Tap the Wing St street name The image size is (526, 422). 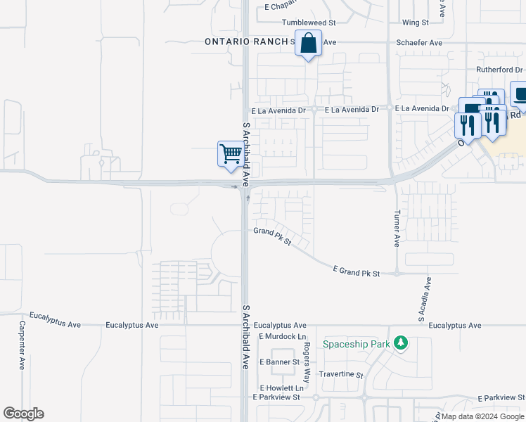coord(416,23)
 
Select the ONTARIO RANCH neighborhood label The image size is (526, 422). coord(245,42)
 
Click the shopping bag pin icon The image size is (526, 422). coord(308,44)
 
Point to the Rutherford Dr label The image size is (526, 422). coord(499,70)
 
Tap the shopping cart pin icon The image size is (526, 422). coord(231,153)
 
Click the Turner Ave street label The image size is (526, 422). coord(397,228)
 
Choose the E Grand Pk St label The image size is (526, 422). coord(357,272)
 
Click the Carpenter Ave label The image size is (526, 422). coord(23,345)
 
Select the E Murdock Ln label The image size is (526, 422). coord(281,337)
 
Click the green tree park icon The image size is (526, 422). coord(401,343)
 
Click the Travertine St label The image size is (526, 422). coord(341,376)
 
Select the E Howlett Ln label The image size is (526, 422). coord(281,388)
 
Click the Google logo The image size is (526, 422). coord(23,414)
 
